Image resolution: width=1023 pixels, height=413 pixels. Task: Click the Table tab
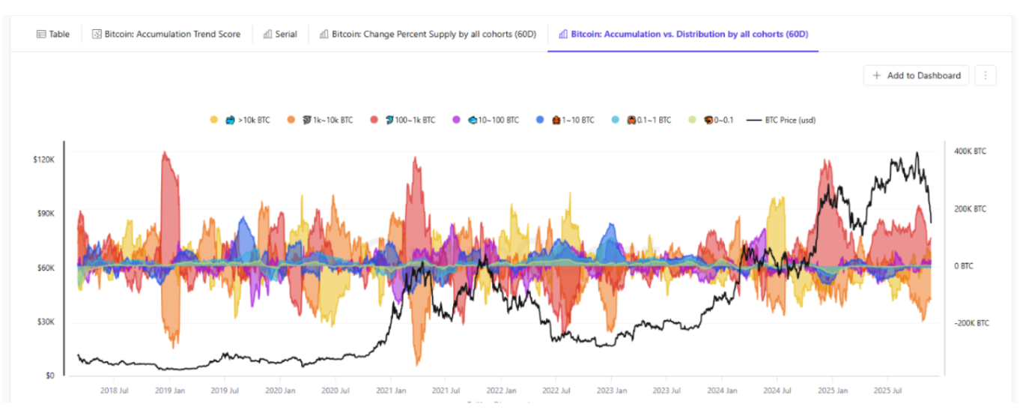(x=53, y=34)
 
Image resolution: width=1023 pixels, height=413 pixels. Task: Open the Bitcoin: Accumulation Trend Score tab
(x=166, y=34)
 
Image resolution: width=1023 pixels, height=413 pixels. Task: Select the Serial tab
(x=280, y=34)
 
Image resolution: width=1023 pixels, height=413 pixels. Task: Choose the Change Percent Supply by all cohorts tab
(x=428, y=34)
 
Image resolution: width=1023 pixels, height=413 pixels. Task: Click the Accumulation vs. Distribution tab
(x=683, y=34)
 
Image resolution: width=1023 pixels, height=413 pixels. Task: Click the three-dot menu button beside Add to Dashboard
(x=986, y=76)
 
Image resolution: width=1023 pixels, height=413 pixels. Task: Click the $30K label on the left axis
(x=46, y=322)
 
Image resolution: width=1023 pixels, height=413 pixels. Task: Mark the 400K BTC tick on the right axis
(x=970, y=151)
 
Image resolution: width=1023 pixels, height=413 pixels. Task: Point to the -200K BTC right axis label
(x=971, y=323)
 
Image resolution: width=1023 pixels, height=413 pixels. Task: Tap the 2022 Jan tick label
(x=501, y=391)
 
